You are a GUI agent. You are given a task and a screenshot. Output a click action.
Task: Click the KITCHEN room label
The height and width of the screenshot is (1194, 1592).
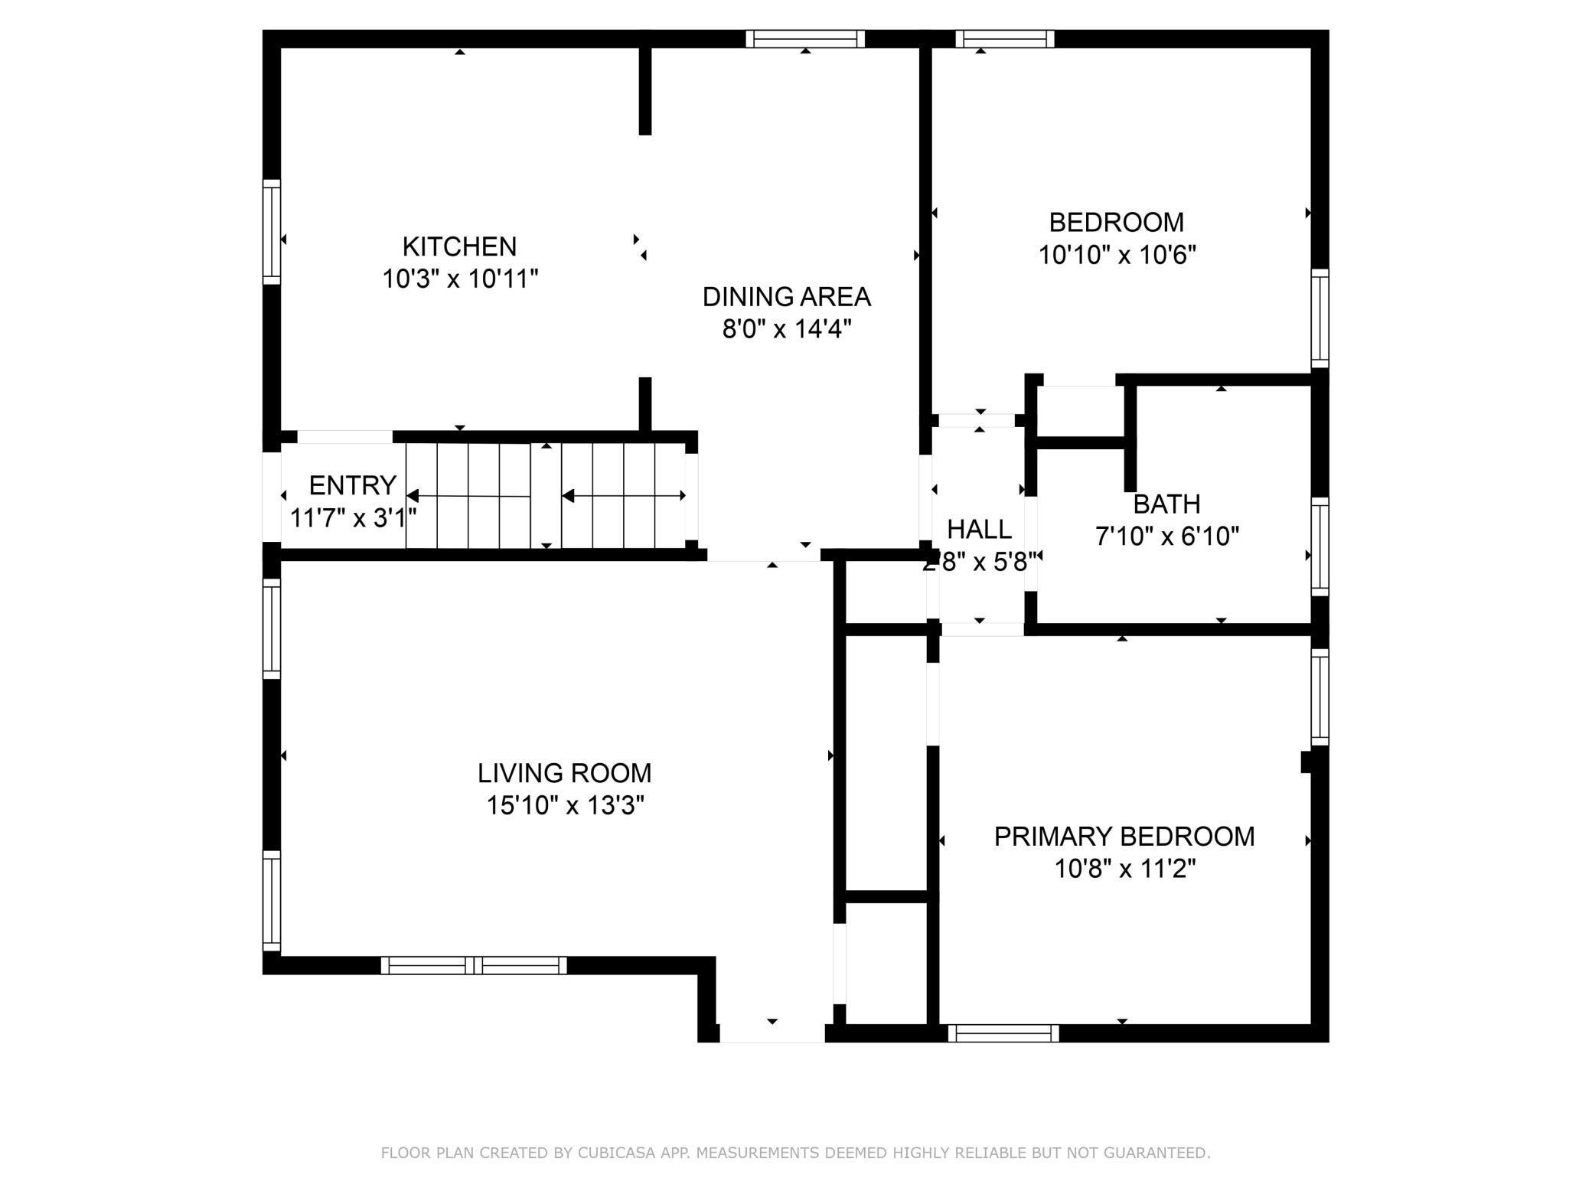[x=459, y=246]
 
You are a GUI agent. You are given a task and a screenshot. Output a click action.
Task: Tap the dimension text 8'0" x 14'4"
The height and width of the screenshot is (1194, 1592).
[x=787, y=329]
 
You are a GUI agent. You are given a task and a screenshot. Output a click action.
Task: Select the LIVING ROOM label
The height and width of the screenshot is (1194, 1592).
[x=564, y=773]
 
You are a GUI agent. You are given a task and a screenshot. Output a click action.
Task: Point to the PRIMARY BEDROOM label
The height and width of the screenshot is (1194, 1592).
[x=1124, y=837]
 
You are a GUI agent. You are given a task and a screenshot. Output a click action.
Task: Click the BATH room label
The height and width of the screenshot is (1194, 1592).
[x=1166, y=504]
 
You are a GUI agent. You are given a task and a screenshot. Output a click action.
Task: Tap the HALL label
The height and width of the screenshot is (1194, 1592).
[x=979, y=529]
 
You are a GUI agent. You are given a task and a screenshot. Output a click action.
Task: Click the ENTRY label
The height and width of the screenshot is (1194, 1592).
[x=352, y=485]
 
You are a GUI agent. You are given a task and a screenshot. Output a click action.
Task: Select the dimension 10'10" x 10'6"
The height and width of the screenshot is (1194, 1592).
[x=1117, y=254]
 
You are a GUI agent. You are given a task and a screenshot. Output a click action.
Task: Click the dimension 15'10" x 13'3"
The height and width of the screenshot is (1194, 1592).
[x=565, y=805]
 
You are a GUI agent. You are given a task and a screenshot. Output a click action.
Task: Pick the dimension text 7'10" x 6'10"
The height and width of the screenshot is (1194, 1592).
[x=1166, y=537]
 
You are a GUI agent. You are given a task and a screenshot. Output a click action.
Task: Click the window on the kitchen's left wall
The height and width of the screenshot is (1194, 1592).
[x=272, y=232]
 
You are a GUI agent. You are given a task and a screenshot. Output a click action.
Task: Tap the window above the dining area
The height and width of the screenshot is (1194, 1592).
[x=805, y=39]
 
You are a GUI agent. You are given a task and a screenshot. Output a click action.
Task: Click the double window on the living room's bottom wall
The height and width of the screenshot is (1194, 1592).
[x=474, y=965]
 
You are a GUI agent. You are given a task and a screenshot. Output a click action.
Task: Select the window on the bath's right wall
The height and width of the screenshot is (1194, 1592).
[x=1320, y=546]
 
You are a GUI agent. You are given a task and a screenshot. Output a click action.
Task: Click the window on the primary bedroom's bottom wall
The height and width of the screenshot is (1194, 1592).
[x=1003, y=1033]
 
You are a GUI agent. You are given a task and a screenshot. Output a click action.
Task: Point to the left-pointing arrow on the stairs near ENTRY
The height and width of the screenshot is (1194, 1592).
[x=413, y=496]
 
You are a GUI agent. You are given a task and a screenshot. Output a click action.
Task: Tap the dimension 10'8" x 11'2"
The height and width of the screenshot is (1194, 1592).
[x=1124, y=869]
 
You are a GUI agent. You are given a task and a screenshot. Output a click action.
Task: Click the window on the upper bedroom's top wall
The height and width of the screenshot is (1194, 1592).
[x=1004, y=39]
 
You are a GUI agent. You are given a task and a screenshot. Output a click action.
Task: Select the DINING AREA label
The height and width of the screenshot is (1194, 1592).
[x=787, y=296]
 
